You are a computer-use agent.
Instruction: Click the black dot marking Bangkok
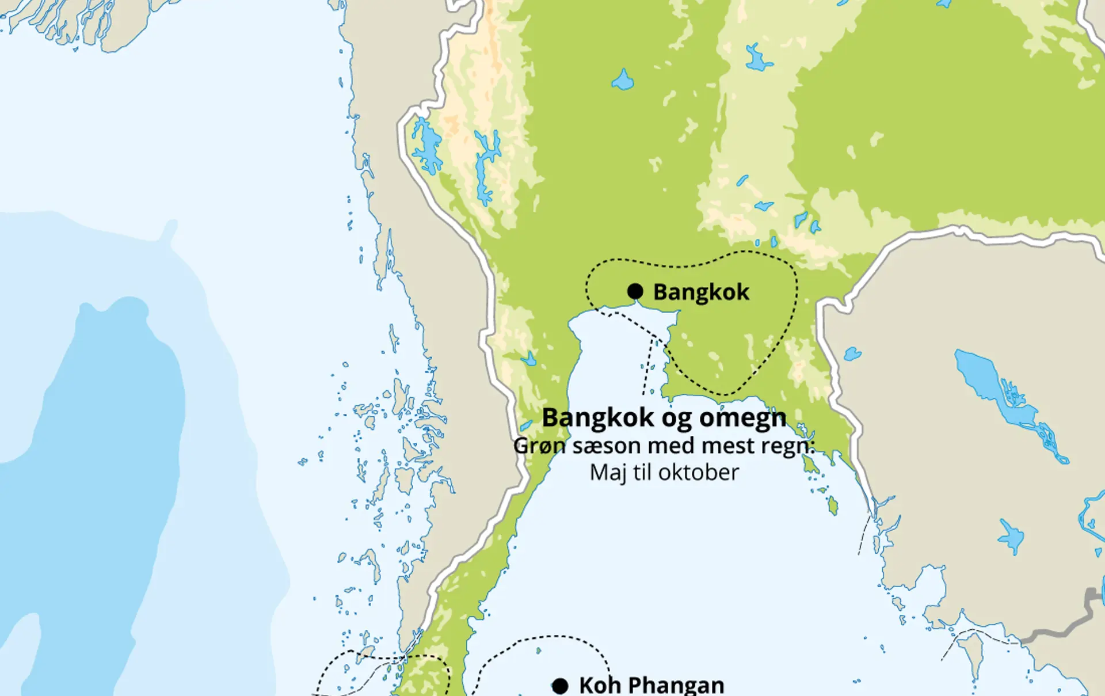click(635, 291)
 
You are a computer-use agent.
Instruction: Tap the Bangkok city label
click(701, 292)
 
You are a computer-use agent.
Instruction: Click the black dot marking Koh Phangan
click(560, 686)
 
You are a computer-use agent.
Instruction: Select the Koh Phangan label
click(651, 686)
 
